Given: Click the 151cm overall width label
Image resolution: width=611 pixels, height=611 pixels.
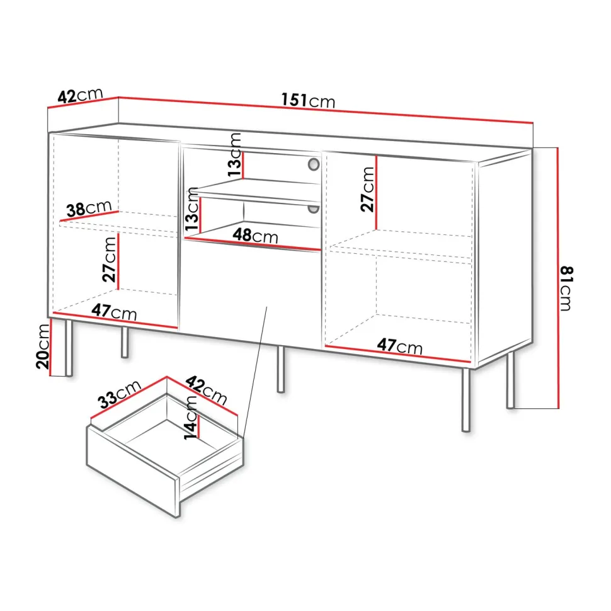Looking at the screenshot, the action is (x=308, y=101).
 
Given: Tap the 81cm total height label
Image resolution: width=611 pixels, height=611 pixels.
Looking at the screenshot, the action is (x=566, y=288).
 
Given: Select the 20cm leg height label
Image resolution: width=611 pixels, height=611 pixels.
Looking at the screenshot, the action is (x=43, y=346).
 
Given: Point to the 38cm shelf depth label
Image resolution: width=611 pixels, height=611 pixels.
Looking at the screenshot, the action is (x=89, y=208).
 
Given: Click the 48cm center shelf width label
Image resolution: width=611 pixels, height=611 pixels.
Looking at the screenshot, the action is (x=256, y=236).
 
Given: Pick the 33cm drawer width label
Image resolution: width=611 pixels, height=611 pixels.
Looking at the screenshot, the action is (x=119, y=394).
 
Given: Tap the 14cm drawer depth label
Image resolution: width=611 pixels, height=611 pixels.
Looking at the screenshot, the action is (x=191, y=418).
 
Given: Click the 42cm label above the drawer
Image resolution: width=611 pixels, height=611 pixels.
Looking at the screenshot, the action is (x=206, y=390).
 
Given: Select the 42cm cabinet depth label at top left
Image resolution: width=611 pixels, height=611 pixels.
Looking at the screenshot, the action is (x=80, y=96).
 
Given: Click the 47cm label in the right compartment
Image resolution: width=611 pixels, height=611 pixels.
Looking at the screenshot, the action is (x=400, y=346).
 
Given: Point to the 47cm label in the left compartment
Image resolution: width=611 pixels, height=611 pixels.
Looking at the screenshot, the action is (x=114, y=312).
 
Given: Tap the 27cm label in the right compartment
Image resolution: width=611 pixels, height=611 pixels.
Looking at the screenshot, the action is (x=367, y=190).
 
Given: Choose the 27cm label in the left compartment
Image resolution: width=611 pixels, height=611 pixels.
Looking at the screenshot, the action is (x=110, y=260).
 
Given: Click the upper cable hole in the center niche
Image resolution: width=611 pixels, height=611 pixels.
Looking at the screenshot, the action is (x=314, y=164).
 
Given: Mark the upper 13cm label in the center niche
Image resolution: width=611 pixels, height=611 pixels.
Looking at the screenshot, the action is (x=234, y=155).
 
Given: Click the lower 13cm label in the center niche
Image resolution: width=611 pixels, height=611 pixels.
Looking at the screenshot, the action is (x=191, y=209).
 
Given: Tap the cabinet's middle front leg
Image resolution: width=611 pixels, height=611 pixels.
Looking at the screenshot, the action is (x=281, y=369).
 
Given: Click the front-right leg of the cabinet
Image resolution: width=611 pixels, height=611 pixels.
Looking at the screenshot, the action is (x=465, y=400).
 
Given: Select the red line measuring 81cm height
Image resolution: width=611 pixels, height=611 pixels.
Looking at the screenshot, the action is (x=558, y=278).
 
